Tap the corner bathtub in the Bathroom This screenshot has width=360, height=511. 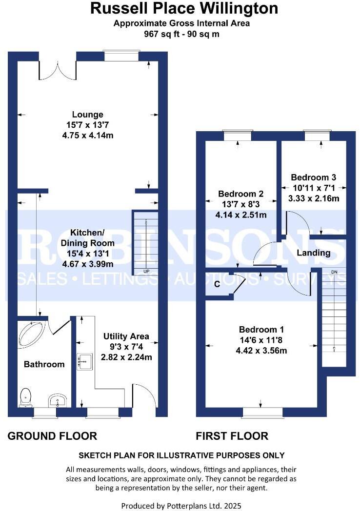tap(30, 334)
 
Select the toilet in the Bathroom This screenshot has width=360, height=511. tap(25, 397)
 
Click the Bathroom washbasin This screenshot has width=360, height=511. tap(57, 401)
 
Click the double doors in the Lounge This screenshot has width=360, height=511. tap(58, 70)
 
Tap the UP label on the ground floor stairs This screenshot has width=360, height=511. tap(146, 271)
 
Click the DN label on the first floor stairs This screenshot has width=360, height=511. tap(334, 272)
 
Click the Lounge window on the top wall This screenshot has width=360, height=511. tap(121, 55)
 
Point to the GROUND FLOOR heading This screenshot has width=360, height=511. tap(52, 436)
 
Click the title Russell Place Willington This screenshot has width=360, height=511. tap(184, 8)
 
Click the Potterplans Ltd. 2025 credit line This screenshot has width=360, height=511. tap(181, 506)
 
